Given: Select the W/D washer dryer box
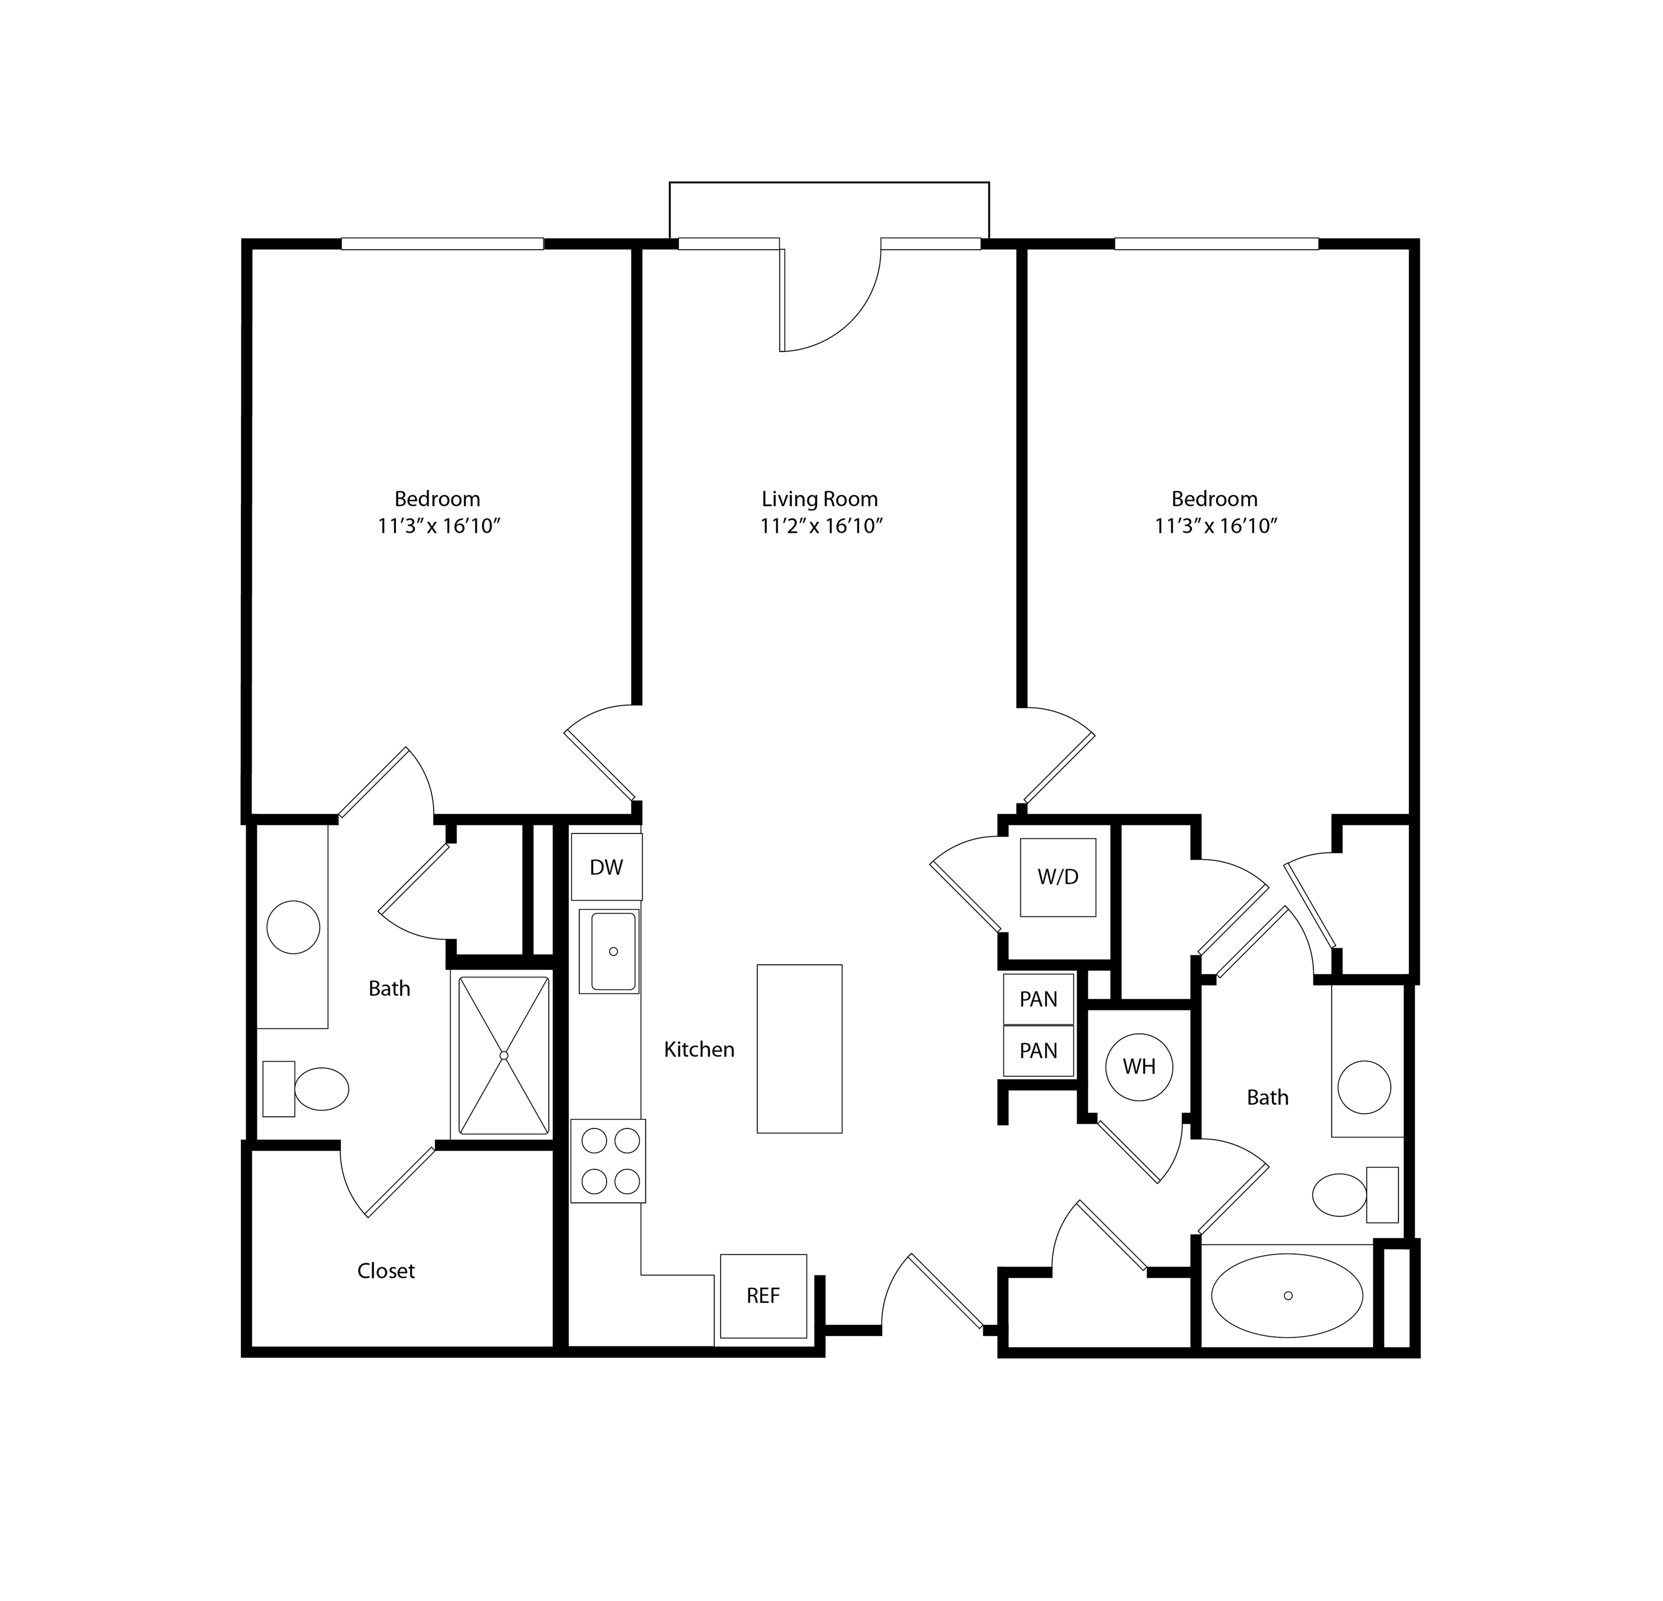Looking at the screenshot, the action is (1058, 877).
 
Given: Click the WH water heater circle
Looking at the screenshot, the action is (1139, 1067).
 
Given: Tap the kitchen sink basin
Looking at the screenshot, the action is (613, 951).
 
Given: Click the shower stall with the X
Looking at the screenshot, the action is (504, 1055).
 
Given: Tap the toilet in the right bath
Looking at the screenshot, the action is (1355, 1195).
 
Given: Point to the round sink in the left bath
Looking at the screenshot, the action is (293, 927).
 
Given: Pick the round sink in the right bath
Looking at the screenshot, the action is (1364, 1087).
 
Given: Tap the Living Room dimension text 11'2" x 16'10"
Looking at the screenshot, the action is (821, 526).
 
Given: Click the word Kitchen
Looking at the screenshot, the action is (699, 1050).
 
